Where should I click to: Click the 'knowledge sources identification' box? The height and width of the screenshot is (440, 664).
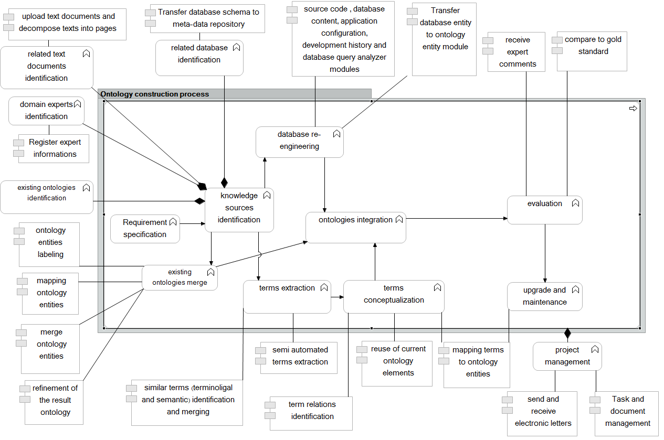click(239, 210)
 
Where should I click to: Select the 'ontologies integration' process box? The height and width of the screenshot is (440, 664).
click(356, 227)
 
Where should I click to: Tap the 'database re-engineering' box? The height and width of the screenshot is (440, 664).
click(299, 142)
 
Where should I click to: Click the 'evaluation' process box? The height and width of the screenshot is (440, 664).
click(544, 210)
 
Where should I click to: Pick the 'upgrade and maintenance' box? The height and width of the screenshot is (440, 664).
click(544, 296)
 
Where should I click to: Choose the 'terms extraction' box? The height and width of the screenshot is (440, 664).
click(287, 296)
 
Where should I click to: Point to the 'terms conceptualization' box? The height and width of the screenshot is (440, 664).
click(394, 296)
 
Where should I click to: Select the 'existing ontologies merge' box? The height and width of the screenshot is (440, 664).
click(180, 277)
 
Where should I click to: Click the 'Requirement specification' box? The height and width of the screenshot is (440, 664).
click(145, 228)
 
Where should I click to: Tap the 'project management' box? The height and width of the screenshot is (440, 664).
click(567, 356)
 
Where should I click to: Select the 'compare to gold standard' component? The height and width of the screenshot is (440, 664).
click(592, 51)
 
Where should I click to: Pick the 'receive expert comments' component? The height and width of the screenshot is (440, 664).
click(517, 52)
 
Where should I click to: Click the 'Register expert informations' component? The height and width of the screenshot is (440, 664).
click(54, 148)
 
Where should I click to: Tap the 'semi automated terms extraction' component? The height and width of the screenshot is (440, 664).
click(299, 357)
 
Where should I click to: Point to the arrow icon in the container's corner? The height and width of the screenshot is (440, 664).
click(633, 108)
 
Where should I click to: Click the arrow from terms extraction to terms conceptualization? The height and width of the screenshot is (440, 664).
click(337, 297)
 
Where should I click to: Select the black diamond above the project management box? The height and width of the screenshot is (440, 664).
click(567, 334)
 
